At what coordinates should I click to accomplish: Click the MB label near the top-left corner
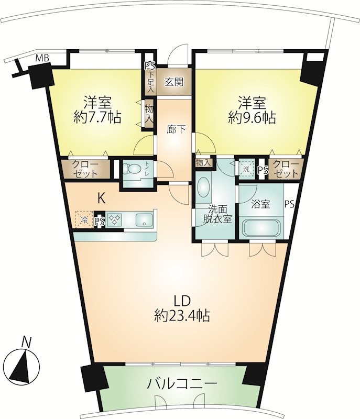43,58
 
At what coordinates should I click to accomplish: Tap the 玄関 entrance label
174,82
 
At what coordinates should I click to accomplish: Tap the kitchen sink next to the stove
144,220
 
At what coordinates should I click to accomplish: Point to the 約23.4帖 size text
182,316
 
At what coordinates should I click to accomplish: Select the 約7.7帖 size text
97,117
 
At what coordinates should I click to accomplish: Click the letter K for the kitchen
101,199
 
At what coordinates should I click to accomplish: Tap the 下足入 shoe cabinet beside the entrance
150,82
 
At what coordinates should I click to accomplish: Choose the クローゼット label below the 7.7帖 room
85,169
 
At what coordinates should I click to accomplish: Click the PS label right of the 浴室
289,204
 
